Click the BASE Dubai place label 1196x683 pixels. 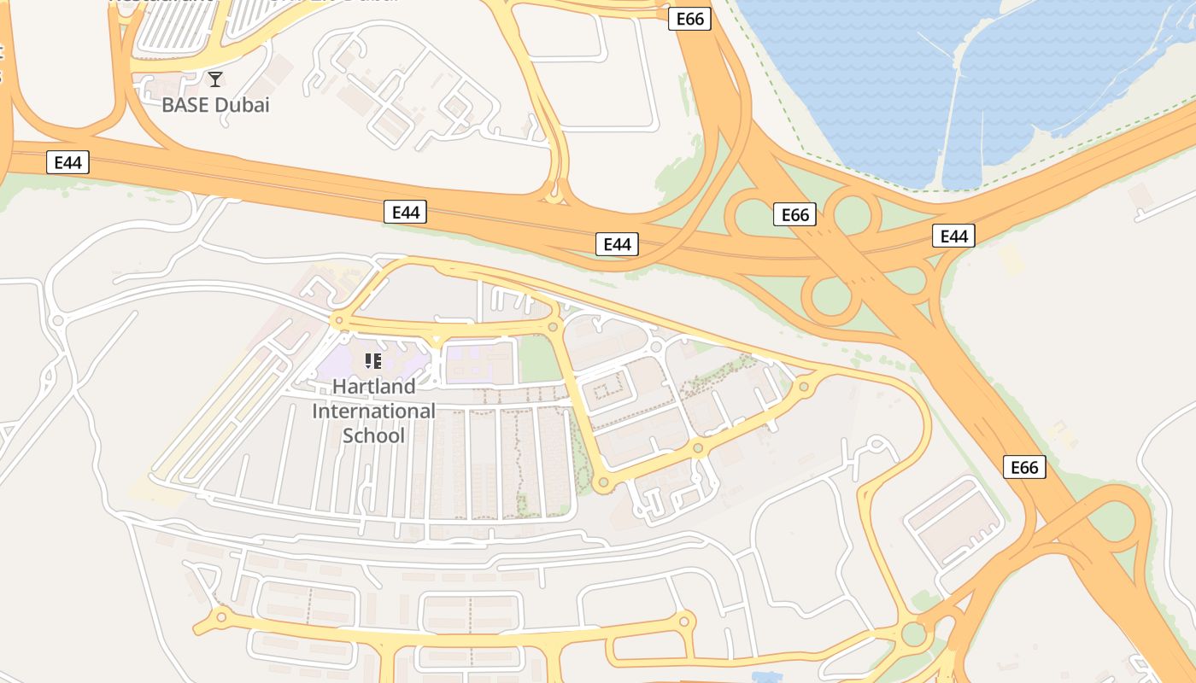[215, 105]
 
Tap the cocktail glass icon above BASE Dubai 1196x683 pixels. [215, 79]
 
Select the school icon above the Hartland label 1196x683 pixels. [372, 361]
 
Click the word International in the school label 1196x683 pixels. [373, 412]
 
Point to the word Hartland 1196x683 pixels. [373, 387]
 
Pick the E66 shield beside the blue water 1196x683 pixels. [689, 19]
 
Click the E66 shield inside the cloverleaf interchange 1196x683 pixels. [794, 214]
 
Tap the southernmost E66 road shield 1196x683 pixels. [1023, 467]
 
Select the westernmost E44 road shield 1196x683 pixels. [67, 162]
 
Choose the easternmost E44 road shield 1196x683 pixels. [953, 236]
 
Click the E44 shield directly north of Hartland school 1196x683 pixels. [405, 212]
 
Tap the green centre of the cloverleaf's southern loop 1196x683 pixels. [831, 296]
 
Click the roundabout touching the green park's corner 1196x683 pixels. [554, 326]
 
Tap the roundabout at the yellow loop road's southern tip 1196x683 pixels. [603, 483]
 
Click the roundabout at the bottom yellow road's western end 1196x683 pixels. [221, 616]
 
